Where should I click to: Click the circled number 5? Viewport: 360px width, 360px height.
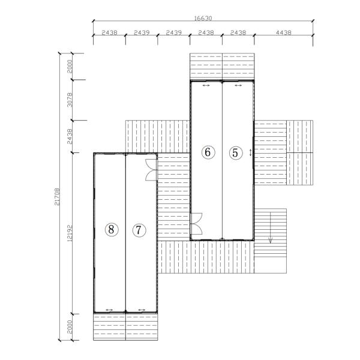(236, 152)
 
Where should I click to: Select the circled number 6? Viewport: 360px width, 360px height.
(208, 152)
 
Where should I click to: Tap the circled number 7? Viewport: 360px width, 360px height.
(139, 230)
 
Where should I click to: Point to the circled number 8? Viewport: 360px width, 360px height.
(112, 229)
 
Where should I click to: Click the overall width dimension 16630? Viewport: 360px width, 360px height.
(203, 18)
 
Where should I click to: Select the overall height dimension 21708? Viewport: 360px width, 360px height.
(57, 197)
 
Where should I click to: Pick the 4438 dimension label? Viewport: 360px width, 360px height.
(284, 32)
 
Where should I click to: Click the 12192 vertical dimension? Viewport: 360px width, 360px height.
(70, 233)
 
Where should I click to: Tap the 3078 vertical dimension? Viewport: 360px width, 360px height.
(70, 100)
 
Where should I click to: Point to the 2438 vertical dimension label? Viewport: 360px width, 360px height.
(70, 137)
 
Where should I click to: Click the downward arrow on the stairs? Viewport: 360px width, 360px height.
(271, 228)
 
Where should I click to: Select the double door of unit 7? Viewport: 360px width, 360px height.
(151, 170)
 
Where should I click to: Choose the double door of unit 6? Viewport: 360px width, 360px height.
(196, 224)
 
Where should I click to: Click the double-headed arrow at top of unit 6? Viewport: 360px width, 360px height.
(206, 86)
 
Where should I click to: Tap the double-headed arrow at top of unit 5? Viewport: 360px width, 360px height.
(238, 86)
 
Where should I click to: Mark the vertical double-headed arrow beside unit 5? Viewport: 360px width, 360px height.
(250, 152)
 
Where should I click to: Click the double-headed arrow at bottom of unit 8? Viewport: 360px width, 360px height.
(109, 310)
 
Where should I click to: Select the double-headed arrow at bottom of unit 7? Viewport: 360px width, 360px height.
(142, 310)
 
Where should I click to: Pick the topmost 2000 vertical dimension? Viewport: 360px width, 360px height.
(70, 67)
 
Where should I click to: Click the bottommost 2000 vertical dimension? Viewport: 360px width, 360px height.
(70, 327)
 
